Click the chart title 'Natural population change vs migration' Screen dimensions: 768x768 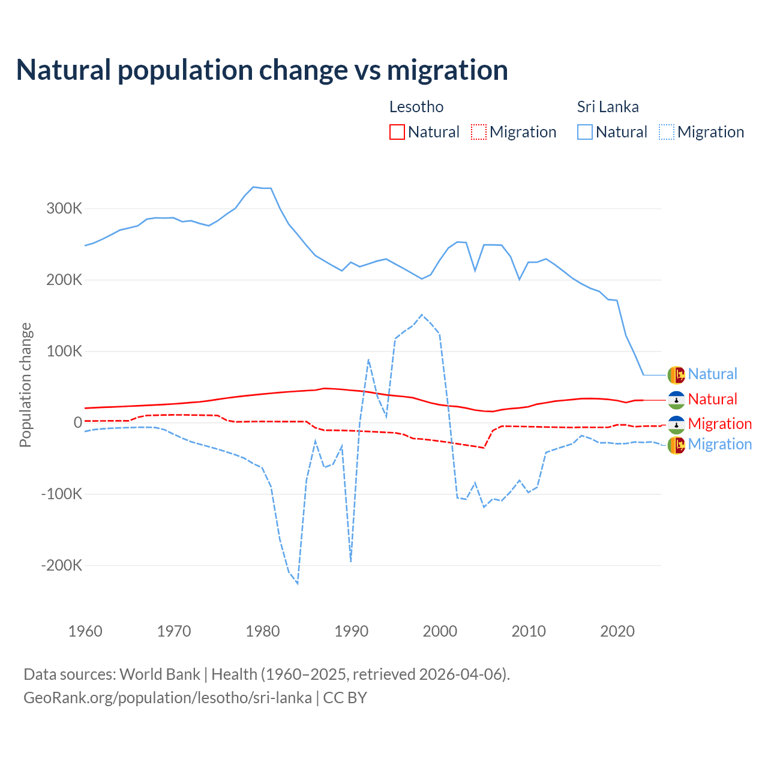coord(262,70)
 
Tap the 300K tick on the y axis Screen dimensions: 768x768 coord(64,209)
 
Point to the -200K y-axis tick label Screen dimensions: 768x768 coord(62,565)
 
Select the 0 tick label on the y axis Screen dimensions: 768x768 coord(78,422)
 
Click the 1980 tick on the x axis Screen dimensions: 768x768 coord(263,631)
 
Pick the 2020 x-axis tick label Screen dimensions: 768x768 coord(617,631)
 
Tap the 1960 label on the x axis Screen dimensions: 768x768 coord(85,631)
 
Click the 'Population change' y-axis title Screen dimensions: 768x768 coord(25,385)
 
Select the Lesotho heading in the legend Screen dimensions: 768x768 coord(416,107)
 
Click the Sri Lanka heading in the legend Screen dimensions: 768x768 coord(608,107)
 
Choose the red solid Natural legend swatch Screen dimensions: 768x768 coord(397,132)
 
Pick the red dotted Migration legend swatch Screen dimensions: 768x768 coord(479,132)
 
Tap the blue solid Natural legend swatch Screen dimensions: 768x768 coord(585,132)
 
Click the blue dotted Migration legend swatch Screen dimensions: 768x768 coord(667,132)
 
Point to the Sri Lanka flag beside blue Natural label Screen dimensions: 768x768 coord(676,374)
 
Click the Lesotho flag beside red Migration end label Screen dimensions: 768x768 coord(676,424)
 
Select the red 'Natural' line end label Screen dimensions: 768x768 coord(712,399)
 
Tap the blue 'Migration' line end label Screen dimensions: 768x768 coord(719,444)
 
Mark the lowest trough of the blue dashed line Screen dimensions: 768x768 coord(298,583)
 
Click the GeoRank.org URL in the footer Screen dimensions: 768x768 coord(167,698)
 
